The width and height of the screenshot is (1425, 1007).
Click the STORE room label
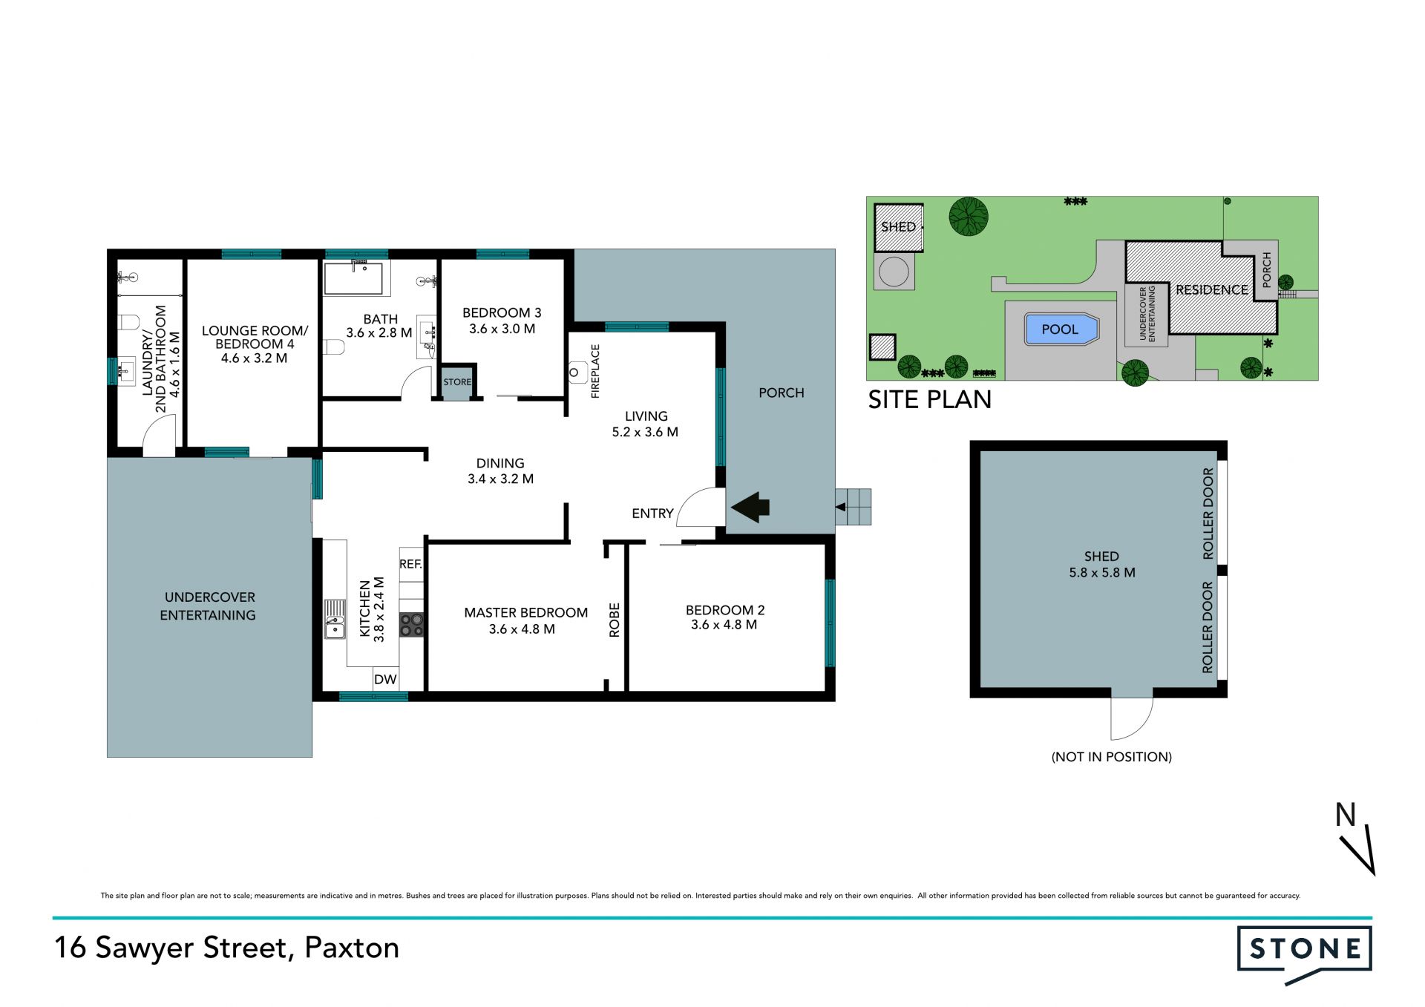(457, 382)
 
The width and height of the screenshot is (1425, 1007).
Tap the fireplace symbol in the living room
(577, 372)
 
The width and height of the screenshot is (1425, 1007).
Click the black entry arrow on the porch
(750, 508)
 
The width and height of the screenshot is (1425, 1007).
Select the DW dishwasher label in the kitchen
(385, 679)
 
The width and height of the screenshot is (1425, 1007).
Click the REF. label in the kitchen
(410, 564)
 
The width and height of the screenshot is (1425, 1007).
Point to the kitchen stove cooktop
(411, 625)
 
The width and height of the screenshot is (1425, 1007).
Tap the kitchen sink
(335, 620)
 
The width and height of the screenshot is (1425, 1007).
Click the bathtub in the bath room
(353, 278)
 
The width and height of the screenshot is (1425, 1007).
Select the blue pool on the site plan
(1061, 329)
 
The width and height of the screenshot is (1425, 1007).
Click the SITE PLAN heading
(930, 400)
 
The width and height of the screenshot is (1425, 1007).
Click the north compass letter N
(1346, 815)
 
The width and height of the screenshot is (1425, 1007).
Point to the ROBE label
(615, 620)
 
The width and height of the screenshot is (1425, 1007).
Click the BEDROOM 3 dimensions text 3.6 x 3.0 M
(502, 329)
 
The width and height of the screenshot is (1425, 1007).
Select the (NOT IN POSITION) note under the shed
(1112, 757)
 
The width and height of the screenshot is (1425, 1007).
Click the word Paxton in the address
(352, 948)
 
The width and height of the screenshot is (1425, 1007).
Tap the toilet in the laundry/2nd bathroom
(128, 323)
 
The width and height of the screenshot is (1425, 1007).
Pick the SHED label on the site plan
(898, 227)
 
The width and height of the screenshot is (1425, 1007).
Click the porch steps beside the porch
(853, 507)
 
